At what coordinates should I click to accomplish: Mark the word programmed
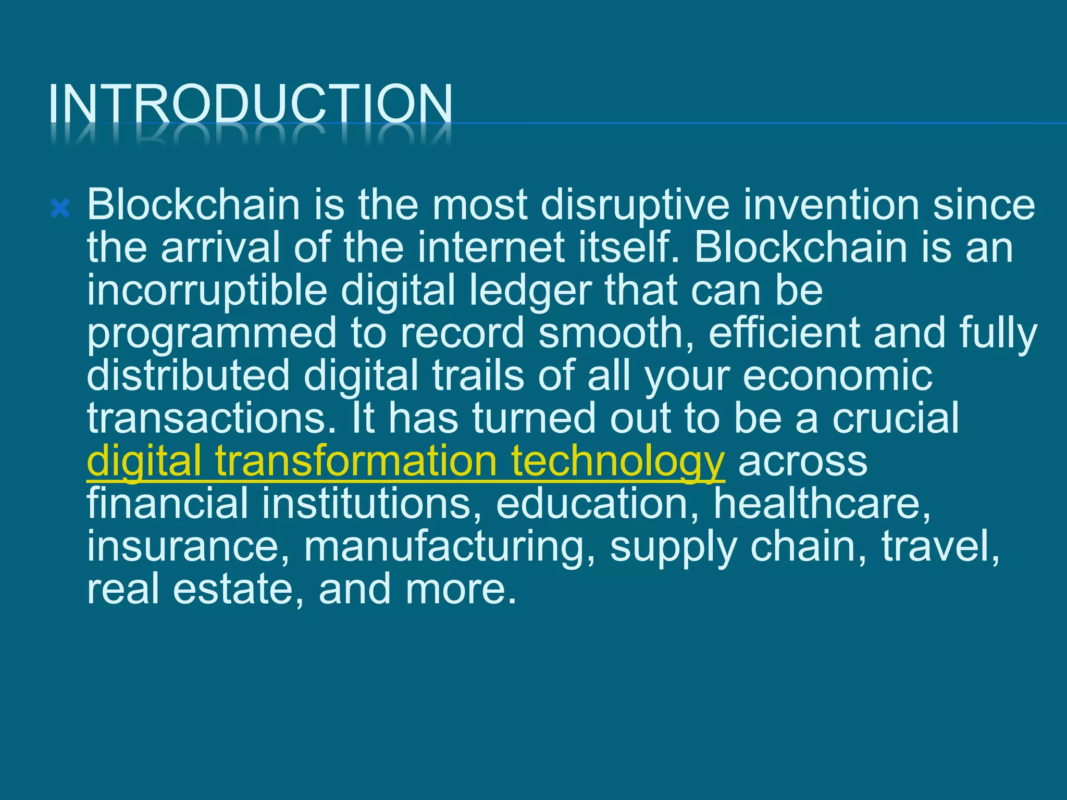pos(212,334)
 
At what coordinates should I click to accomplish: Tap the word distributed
pos(188,376)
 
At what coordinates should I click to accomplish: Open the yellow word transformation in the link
pos(356,461)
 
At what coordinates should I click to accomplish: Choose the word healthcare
pos(822,504)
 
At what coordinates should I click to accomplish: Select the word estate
pos(233,590)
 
